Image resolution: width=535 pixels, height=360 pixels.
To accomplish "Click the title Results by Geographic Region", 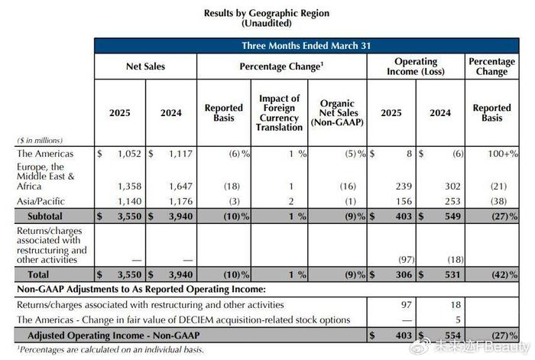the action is click(x=267, y=13).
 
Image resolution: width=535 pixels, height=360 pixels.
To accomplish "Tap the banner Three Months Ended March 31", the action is click(x=306, y=46).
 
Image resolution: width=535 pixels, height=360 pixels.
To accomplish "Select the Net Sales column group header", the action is click(x=145, y=66).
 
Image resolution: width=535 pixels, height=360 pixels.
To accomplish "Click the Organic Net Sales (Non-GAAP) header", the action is click(x=337, y=112).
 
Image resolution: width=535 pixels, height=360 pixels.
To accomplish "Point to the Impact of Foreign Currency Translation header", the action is click(x=279, y=112).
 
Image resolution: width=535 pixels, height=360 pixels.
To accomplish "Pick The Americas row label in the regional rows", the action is click(x=45, y=154).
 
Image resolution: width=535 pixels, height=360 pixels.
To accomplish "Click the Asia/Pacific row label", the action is click(x=41, y=201).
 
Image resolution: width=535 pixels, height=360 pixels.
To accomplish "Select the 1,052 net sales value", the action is click(x=129, y=154).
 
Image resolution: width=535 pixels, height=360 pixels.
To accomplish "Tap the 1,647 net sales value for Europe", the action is click(x=181, y=186).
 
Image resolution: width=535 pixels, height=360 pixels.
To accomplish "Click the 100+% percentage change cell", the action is click(x=503, y=154).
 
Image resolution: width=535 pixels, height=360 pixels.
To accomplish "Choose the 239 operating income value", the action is click(x=404, y=186).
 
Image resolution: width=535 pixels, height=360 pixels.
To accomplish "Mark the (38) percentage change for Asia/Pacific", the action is click(x=498, y=201).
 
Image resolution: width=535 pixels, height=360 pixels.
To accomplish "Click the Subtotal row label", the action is click(x=45, y=216).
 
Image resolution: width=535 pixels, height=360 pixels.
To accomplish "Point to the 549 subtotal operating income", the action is click(x=452, y=216).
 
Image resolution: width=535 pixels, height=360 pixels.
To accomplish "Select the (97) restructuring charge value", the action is click(x=407, y=260).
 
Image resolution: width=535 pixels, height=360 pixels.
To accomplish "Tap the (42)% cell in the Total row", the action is click(x=504, y=274).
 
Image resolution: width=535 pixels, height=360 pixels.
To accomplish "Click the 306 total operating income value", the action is click(x=404, y=274).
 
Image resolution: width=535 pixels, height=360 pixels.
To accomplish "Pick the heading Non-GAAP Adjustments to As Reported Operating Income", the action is click(x=141, y=290).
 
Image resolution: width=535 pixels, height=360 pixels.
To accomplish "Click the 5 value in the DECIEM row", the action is click(x=458, y=320).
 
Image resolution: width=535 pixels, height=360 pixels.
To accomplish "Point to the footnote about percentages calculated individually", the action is click(x=111, y=350).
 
